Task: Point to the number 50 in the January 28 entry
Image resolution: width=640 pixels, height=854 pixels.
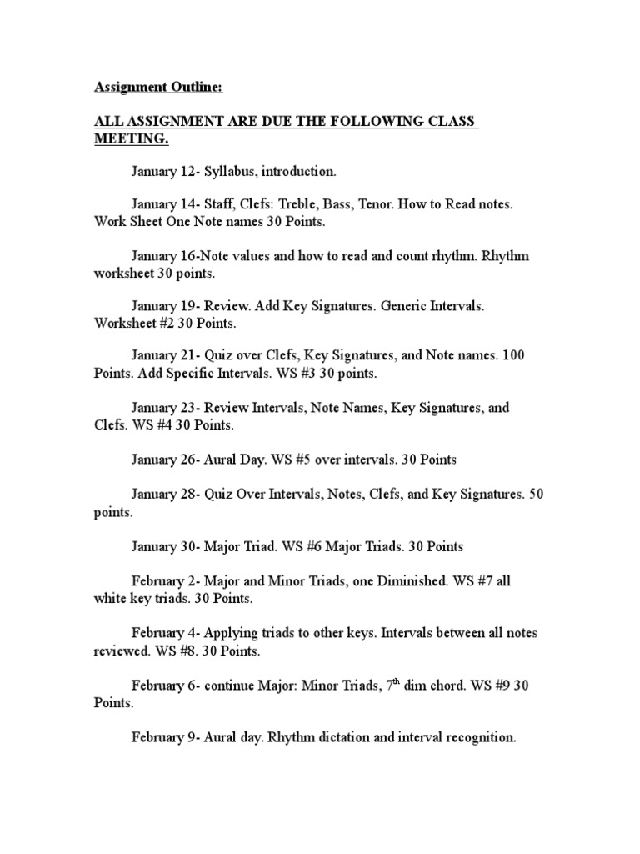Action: click(x=536, y=494)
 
